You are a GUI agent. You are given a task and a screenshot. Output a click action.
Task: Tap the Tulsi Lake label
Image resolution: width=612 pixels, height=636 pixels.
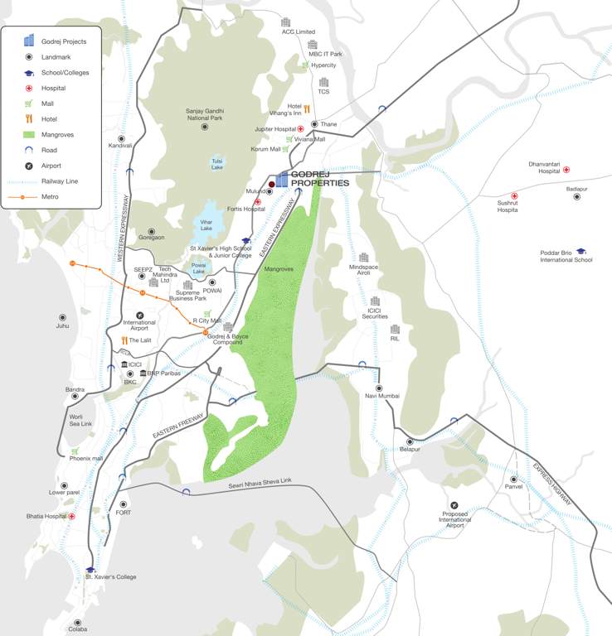coord(217,164)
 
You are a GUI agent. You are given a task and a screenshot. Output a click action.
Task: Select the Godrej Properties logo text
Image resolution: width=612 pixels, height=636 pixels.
coord(319,179)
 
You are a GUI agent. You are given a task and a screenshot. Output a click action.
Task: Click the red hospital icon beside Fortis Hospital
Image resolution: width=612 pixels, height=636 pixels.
coord(258,201)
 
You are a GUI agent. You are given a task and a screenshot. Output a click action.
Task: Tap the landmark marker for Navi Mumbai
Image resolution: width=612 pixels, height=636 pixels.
coord(379,388)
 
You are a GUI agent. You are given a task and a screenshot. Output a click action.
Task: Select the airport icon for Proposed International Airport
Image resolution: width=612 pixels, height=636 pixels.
coord(454,504)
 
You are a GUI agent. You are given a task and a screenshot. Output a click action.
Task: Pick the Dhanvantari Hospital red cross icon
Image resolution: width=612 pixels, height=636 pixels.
coord(566,170)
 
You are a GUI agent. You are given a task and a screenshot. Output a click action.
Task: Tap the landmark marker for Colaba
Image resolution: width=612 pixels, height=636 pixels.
coord(78,622)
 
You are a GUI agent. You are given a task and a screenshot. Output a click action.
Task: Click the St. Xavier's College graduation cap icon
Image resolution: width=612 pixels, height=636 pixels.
coord(90,569)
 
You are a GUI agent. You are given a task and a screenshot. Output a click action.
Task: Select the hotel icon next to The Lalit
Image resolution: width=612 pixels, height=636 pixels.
coord(124,340)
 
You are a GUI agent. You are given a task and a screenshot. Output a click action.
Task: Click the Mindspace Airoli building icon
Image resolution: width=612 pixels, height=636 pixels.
coord(363,258)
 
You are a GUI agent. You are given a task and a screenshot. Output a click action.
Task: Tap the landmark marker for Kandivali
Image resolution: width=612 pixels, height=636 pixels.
coord(121,138)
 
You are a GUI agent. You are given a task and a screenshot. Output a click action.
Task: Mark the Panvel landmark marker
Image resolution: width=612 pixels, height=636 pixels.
coord(513,479)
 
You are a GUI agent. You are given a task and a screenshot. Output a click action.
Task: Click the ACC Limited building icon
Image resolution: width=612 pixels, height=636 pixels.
coord(286,22)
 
